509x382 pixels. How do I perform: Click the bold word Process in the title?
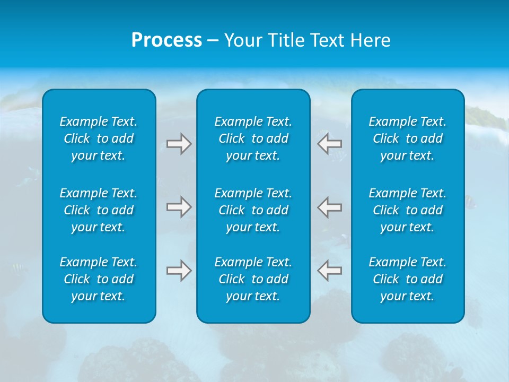click(166, 40)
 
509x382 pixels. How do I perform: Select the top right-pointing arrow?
click(179, 144)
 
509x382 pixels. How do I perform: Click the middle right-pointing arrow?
click(179, 207)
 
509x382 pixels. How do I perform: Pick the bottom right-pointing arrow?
click(179, 271)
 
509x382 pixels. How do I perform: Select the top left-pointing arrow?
click(329, 144)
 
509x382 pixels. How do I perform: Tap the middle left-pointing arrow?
click(329, 207)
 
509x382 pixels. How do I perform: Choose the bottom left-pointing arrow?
click(329, 271)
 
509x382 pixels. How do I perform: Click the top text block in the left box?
click(99, 138)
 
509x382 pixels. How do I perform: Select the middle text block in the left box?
click(99, 210)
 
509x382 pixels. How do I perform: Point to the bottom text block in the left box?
click(99, 279)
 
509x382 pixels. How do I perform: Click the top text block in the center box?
click(253, 138)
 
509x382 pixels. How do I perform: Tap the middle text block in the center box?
click(253, 210)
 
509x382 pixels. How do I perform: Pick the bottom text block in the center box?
click(253, 279)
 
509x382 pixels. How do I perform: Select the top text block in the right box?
click(407, 138)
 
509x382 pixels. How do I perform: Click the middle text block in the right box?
click(407, 210)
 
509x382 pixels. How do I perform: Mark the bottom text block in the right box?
click(407, 279)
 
